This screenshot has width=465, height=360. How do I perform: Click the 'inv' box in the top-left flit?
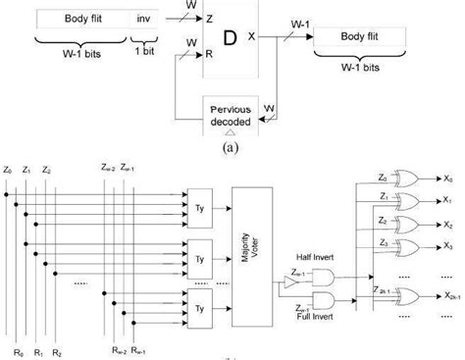145,18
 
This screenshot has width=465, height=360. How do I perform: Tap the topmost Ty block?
203,199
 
